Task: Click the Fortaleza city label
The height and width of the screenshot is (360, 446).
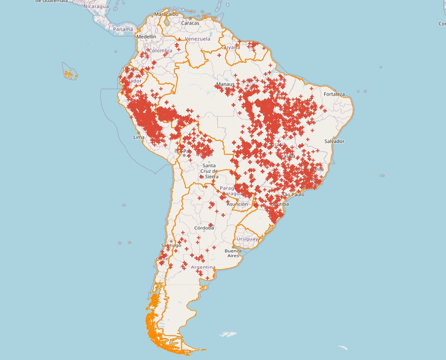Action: tap(334, 94)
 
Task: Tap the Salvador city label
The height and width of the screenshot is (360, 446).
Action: tap(334, 141)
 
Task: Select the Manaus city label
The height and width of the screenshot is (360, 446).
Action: tap(225, 84)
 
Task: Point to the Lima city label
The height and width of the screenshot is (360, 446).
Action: tap(139, 137)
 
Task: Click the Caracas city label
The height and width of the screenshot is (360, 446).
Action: tap(190, 23)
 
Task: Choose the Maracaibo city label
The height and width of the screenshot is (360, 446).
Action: tap(166, 14)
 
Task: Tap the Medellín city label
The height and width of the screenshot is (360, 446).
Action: tap(146, 37)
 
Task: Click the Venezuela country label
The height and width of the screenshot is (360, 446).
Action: tap(198, 39)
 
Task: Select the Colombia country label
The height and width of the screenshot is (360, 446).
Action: tap(160, 51)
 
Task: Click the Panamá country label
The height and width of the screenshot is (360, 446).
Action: tap(123, 29)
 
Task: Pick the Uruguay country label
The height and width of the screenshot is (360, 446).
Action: tap(247, 239)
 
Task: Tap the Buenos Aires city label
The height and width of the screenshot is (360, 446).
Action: tap(233, 253)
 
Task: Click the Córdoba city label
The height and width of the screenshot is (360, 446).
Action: tap(204, 228)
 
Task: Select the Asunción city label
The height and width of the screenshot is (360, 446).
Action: tap(237, 204)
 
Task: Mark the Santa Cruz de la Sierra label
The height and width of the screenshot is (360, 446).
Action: tap(209, 171)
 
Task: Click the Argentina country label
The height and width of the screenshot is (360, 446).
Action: tap(203, 267)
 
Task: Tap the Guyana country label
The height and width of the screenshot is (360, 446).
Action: tap(231, 47)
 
